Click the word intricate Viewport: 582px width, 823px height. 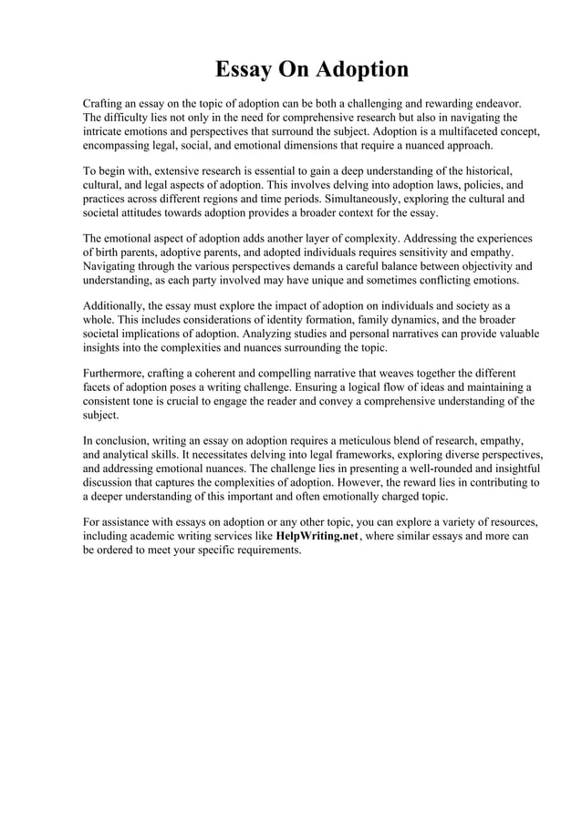tap(104, 131)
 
